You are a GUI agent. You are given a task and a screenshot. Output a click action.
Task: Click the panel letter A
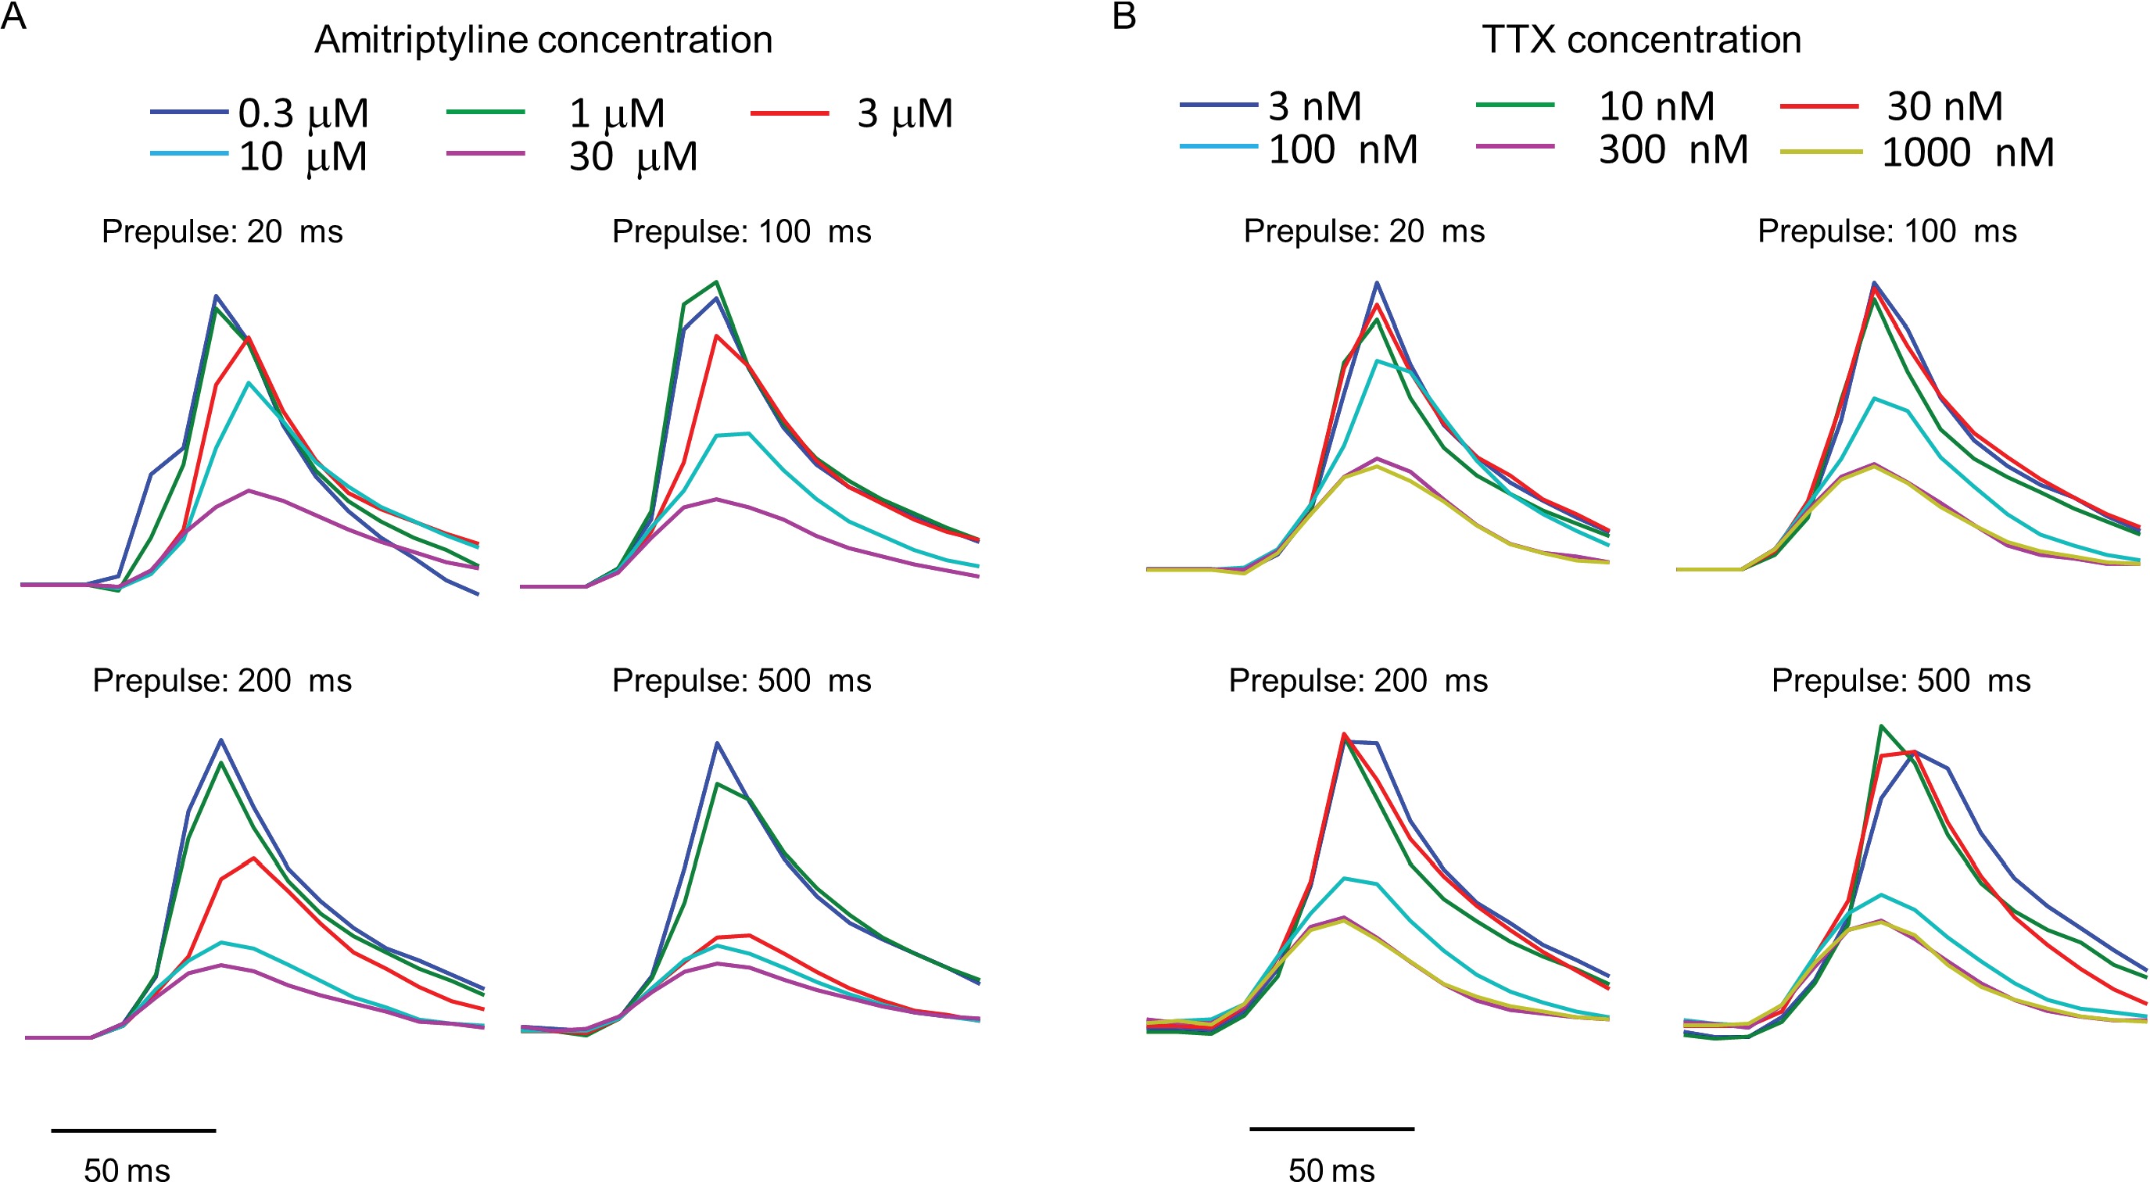coord(13,16)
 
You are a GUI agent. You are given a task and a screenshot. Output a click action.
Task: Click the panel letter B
coord(1124,16)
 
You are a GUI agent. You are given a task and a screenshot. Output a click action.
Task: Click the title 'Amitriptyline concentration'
coord(543,40)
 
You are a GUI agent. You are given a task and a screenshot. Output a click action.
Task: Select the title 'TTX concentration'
coord(1641,40)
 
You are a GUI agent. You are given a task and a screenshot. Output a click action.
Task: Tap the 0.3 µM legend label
coord(303,113)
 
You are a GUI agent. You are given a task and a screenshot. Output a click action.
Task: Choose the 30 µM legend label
coord(632,157)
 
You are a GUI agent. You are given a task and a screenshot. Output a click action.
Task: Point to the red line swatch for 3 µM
coord(790,113)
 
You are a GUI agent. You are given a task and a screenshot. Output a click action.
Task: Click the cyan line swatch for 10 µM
coord(189,153)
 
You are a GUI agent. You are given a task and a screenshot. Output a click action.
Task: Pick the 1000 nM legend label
coord(1967,152)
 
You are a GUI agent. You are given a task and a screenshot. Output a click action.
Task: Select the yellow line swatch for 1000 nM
coord(1820,152)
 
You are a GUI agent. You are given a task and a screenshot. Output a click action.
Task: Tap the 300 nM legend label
coord(1672,150)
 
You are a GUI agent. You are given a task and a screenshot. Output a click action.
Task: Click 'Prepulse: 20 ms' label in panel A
coord(222,232)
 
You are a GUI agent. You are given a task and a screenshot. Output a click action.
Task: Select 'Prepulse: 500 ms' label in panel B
coord(1901,681)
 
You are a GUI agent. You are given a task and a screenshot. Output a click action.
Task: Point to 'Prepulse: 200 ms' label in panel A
coord(222,681)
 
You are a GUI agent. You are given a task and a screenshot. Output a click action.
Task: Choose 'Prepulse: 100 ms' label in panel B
coord(1887,232)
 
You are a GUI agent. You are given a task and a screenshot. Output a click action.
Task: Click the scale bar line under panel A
coord(134,1130)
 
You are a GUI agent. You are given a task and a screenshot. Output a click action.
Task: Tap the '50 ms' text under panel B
coord(1331,1169)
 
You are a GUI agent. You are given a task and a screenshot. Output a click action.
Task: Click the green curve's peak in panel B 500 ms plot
coord(1880,726)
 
